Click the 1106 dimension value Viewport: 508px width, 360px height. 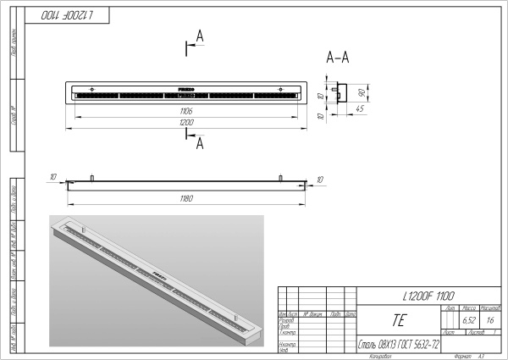[x=185, y=111]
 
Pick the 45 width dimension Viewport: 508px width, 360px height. [x=360, y=109]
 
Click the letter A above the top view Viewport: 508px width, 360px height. [x=199, y=35]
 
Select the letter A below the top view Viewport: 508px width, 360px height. [x=200, y=145]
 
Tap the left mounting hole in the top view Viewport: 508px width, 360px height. [x=91, y=88]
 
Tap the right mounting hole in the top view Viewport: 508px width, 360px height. [x=279, y=88]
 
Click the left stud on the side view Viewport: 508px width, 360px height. [x=91, y=178]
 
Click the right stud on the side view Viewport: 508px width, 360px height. [x=279, y=178]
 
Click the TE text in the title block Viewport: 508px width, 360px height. [x=399, y=321]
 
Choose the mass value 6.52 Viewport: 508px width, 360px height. [x=468, y=321]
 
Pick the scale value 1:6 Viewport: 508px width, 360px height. [x=490, y=321]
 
